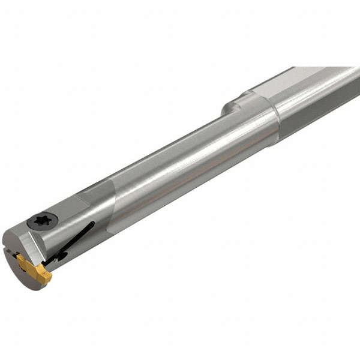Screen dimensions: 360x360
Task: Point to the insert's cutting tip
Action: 48,277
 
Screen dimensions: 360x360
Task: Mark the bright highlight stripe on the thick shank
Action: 318,90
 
